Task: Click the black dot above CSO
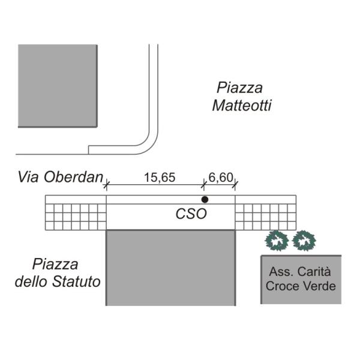(205, 200)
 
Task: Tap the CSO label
(191, 214)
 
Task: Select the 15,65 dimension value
(160, 178)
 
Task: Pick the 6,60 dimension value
(221, 178)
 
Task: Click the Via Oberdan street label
(61, 177)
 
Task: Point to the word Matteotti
(242, 106)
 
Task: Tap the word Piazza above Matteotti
(239, 88)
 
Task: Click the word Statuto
(76, 281)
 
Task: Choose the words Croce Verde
(301, 286)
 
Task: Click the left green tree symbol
(277, 241)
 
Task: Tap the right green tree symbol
(304, 241)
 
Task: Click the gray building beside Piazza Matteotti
(58, 86)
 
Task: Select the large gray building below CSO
(171, 268)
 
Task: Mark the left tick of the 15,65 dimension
(106, 185)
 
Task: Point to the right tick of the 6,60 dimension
(235, 185)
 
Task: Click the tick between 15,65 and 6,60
(203, 185)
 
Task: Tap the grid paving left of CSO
(76, 217)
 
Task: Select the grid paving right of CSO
(266, 217)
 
